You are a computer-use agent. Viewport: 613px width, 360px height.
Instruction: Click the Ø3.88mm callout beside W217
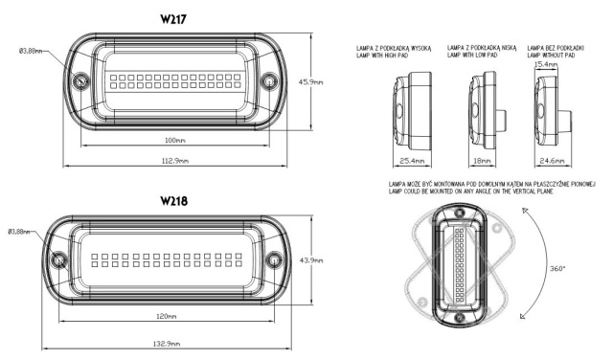click(x=27, y=51)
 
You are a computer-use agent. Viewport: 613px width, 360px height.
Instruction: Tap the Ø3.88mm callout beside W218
click(x=22, y=231)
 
